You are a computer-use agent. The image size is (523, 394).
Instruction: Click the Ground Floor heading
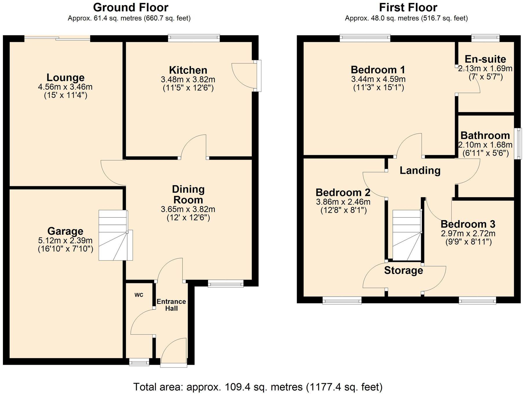131,8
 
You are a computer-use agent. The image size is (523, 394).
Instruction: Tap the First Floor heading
408,8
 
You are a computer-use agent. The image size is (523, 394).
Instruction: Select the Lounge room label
66,78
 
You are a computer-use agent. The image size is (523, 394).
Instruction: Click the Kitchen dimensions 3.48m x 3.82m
188,79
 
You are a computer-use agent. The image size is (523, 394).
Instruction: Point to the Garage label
65,231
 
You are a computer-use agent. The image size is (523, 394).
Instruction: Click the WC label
139,295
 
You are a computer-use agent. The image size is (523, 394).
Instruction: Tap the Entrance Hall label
171,305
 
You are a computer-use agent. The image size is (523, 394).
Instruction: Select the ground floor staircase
115,235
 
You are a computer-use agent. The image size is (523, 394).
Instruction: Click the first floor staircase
407,235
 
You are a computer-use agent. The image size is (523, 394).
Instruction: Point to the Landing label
420,170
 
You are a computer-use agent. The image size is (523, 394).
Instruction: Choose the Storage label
403,271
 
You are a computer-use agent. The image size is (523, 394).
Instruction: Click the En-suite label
485,59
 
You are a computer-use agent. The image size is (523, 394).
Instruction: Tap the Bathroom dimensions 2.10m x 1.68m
485,145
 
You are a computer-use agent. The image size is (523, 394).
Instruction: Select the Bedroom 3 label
468,224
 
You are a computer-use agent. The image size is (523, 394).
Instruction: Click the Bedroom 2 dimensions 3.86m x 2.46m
343,202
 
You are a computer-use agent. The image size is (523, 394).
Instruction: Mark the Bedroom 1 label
378,70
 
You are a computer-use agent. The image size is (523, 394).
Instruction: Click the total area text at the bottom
258,387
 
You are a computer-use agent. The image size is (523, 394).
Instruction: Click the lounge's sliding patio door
57,38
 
